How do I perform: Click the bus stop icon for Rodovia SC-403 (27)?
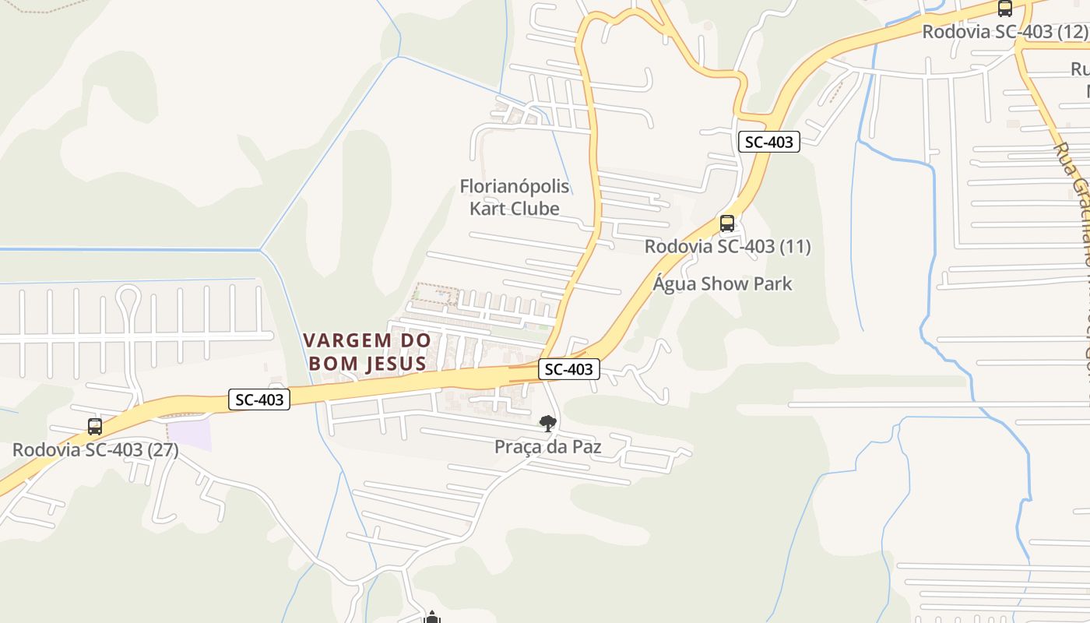(95, 427)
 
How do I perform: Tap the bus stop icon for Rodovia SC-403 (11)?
(727, 224)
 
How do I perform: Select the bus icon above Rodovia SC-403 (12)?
(1005, 9)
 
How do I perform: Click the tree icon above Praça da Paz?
(548, 424)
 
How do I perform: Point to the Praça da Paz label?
(548, 447)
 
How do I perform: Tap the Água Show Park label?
(723, 283)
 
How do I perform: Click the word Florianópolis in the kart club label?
(515, 187)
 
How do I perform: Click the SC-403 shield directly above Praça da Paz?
(569, 369)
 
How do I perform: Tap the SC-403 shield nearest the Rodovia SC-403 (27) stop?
(260, 400)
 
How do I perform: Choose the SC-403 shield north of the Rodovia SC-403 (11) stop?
(769, 142)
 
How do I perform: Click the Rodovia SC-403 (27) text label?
(96, 449)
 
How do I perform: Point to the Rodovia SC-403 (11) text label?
(728, 247)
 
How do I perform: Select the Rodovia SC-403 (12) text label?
(1004, 32)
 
